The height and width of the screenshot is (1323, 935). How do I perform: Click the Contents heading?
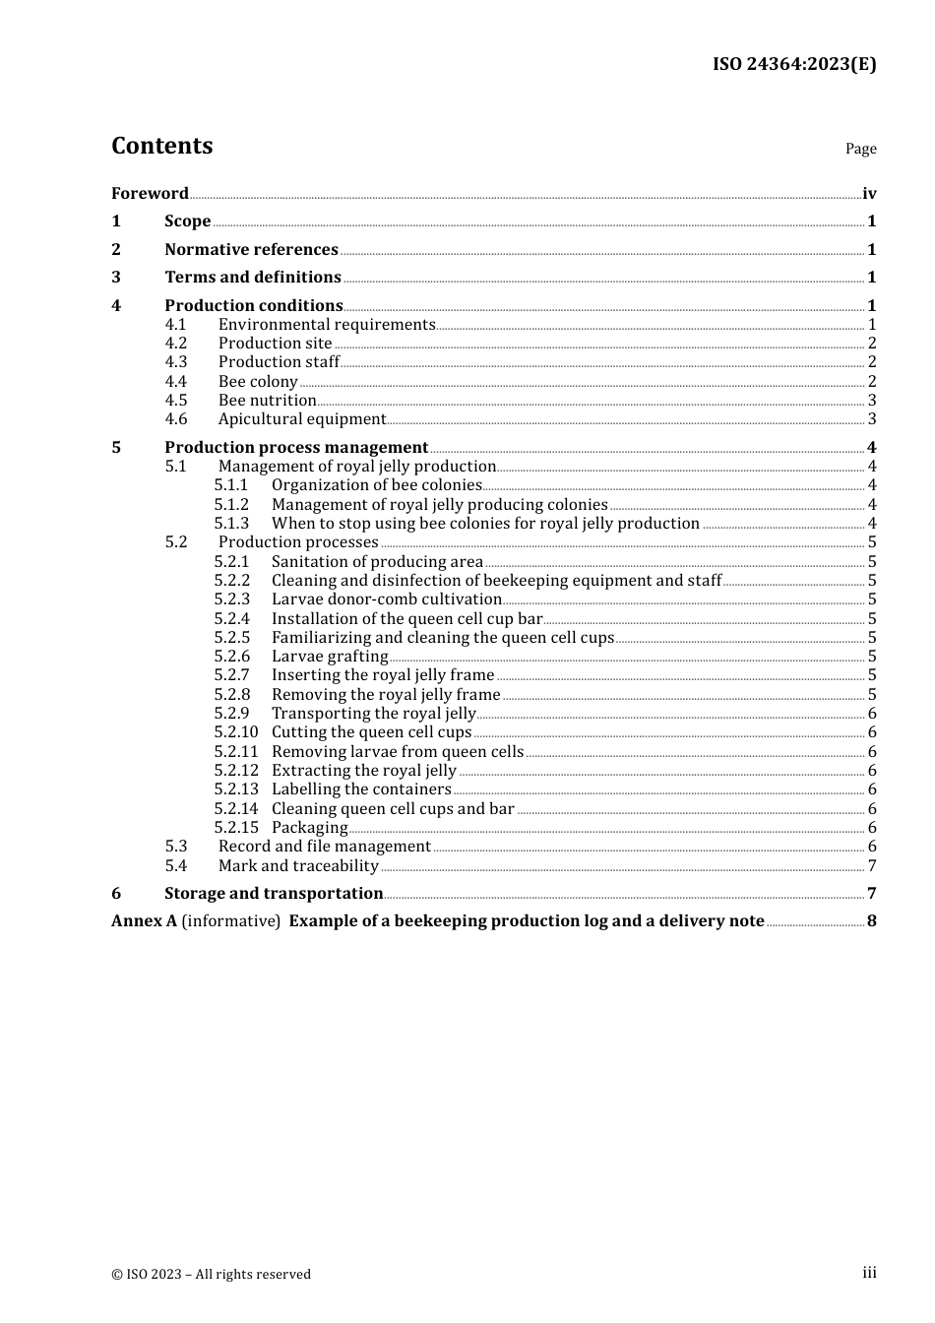161,146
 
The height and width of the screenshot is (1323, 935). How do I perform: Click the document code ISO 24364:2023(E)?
794,64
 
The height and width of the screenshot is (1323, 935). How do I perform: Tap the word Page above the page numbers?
860,149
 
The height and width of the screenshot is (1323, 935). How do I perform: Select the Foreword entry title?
150,193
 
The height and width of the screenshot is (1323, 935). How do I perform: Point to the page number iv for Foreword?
869,193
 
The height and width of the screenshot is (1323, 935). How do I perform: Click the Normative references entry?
251,249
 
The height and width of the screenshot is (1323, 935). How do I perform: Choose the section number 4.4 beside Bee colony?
176,381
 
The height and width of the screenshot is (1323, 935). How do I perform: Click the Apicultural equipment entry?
302,418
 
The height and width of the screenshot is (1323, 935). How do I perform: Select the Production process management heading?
296,447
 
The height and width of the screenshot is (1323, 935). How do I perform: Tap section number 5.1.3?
231,523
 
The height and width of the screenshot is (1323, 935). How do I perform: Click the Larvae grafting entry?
330,656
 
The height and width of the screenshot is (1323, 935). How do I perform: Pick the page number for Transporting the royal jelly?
872,713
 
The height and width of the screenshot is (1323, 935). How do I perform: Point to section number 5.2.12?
236,770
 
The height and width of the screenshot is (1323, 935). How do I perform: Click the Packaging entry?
309,827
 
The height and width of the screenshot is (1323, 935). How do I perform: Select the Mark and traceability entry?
298,865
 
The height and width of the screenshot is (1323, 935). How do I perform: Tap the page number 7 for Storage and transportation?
872,893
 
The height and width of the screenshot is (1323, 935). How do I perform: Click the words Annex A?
144,920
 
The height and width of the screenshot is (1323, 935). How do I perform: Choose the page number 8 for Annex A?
872,920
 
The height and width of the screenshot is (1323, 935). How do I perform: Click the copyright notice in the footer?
211,1274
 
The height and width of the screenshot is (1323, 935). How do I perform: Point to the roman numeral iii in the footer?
869,1273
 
